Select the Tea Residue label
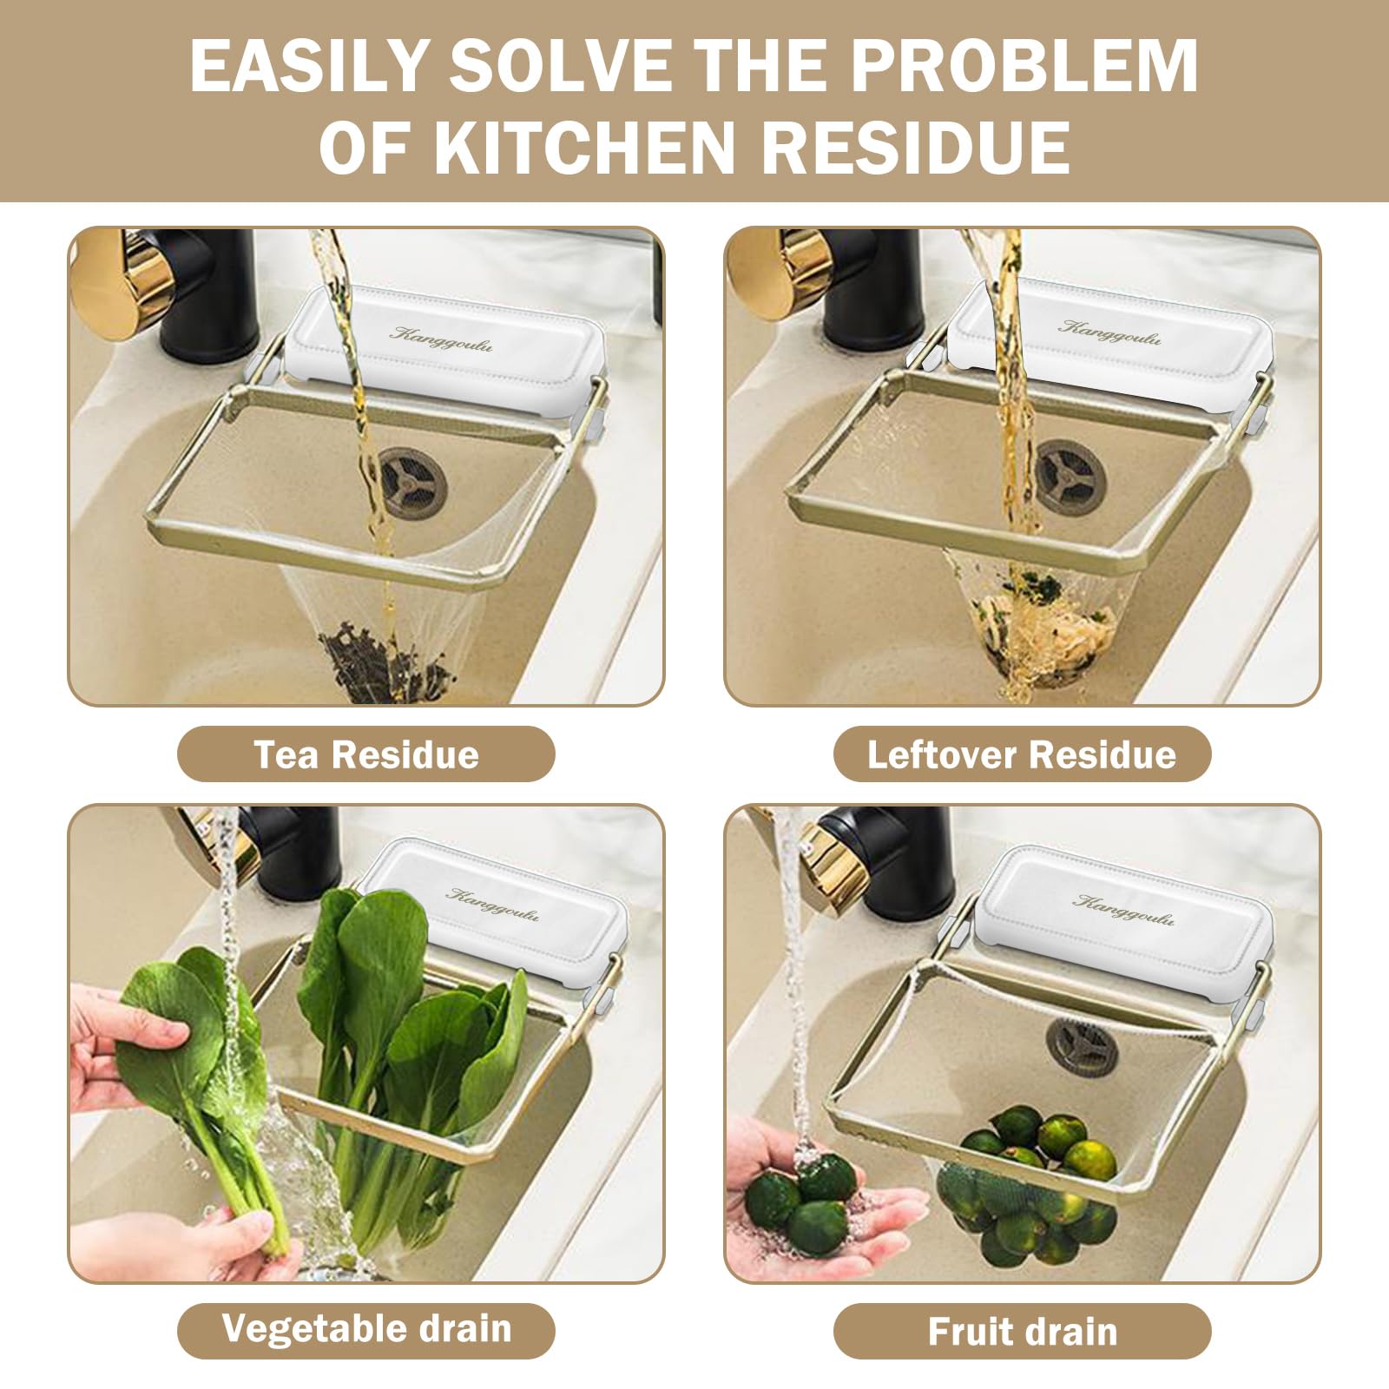[x=365, y=754]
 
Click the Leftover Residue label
[x=1022, y=754]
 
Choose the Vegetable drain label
[x=365, y=1329]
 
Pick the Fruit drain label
[x=1022, y=1331]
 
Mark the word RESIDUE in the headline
[x=914, y=147]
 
